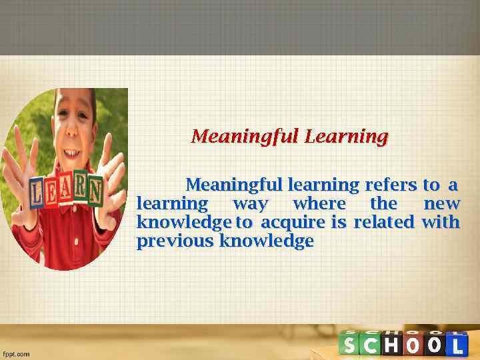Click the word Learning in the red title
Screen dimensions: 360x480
[346, 137]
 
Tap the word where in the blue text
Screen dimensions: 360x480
[319, 203]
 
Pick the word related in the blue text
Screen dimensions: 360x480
[383, 222]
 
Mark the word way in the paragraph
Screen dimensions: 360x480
[250, 204]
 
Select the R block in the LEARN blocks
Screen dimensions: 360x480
[80, 189]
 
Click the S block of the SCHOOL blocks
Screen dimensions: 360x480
[350, 345]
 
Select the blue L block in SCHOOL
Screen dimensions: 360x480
[456, 345]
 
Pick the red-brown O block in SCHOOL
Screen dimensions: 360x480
[414, 345]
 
